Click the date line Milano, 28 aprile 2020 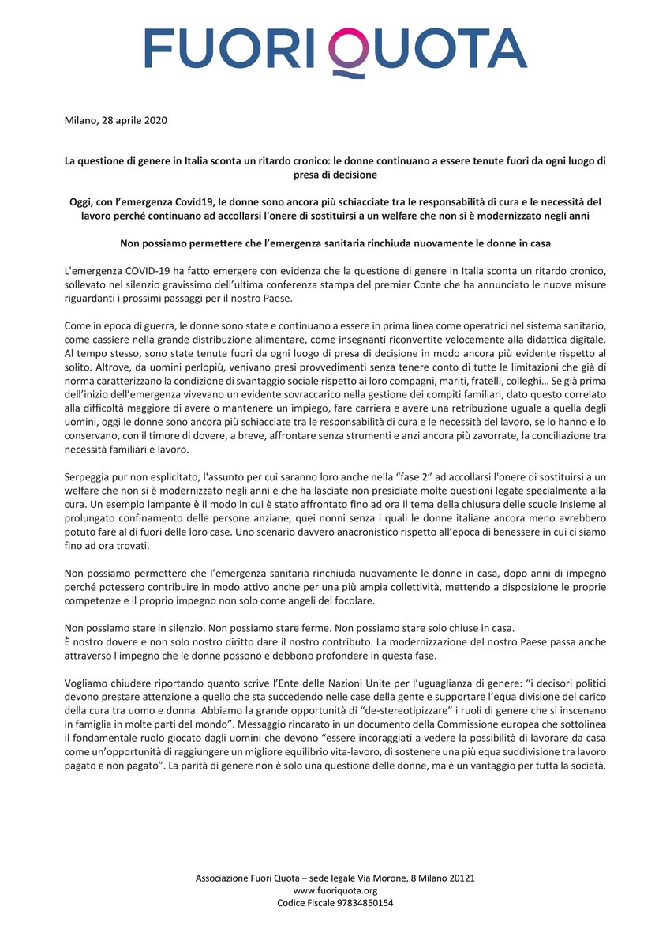click(x=115, y=120)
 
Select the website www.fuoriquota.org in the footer click(x=335, y=890)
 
